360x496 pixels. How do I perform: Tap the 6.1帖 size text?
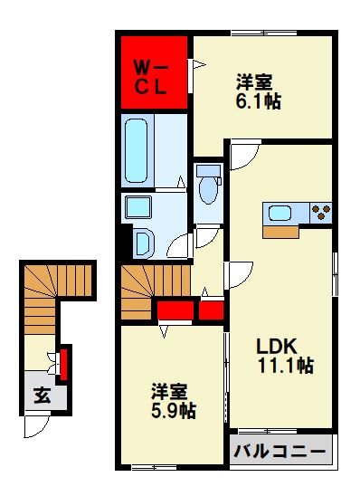click(x=258, y=100)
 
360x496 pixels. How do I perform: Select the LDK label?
click(x=277, y=346)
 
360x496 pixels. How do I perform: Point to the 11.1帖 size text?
click(x=286, y=365)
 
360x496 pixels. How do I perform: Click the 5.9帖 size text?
click(x=174, y=411)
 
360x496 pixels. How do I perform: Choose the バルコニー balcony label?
click(x=280, y=451)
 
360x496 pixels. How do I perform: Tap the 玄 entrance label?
click(x=43, y=396)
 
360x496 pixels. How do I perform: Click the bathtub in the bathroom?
click(x=137, y=150)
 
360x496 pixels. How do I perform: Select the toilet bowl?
click(x=209, y=184)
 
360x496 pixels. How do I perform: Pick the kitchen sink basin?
click(x=279, y=213)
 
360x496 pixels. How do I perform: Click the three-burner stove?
click(x=321, y=213)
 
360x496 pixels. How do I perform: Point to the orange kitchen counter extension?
click(x=280, y=232)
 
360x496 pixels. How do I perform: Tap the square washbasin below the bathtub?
click(x=138, y=207)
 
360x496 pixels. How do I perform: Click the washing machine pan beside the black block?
click(x=145, y=243)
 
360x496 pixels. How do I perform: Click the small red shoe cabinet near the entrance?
click(x=64, y=364)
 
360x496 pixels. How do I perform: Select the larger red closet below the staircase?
click(x=175, y=310)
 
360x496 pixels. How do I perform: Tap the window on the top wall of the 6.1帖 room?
click(x=264, y=33)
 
